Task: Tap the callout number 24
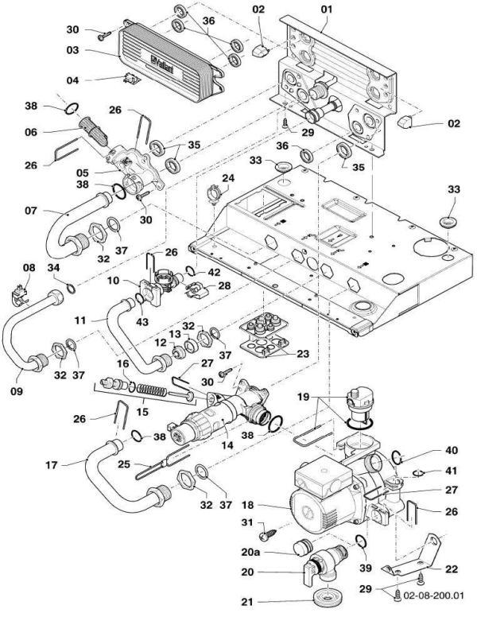click(x=229, y=177)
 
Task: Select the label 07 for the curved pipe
click(x=29, y=212)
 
